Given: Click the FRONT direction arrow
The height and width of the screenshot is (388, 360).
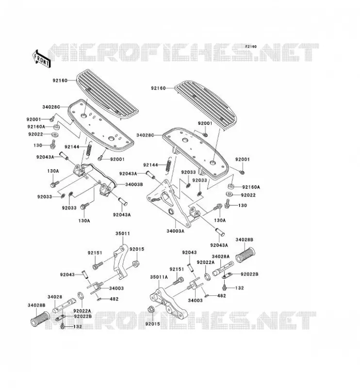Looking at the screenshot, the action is click(x=41, y=58).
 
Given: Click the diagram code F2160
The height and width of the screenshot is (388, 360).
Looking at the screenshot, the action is click(x=251, y=47).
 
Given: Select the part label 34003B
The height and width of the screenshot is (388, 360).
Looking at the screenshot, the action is click(x=134, y=184).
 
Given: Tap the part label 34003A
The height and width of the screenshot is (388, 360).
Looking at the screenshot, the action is click(x=176, y=231).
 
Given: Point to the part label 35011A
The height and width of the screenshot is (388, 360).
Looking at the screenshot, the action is click(x=159, y=277).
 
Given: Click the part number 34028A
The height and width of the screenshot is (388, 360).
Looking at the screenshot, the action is click(x=221, y=257).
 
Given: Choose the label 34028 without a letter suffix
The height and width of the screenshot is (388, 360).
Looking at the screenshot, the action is click(x=55, y=297).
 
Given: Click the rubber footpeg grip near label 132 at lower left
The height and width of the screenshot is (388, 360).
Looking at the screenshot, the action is click(x=39, y=319).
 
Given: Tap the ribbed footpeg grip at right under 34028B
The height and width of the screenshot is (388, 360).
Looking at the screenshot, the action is click(x=245, y=255).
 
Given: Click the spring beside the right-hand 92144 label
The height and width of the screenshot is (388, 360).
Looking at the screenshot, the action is click(x=169, y=164).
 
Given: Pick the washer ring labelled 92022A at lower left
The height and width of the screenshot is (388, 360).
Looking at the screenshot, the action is click(x=81, y=296).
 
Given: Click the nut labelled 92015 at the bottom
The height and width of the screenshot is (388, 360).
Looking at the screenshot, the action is click(x=151, y=309).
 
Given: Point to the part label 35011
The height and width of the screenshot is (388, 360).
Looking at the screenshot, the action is click(x=123, y=233).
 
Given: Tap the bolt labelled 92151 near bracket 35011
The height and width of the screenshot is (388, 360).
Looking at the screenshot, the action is click(x=98, y=265).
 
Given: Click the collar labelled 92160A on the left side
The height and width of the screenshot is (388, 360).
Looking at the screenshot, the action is click(x=57, y=128).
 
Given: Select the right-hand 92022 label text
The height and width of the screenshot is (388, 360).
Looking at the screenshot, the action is click(x=248, y=195).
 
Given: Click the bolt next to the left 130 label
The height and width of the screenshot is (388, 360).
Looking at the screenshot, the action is click(x=53, y=145).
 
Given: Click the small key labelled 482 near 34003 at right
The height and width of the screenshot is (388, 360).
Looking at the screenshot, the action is click(x=207, y=295).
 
